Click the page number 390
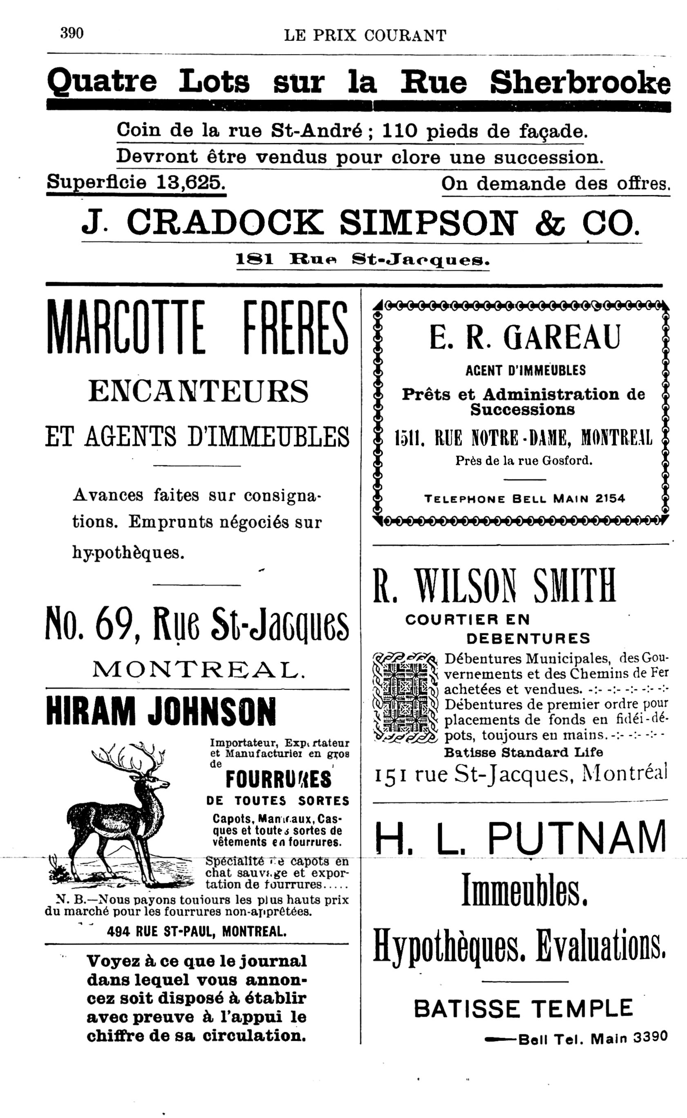pos(72,33)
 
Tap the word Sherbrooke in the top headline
pos(580,82)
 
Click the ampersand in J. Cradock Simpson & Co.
pos(550,223)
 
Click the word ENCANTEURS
pos(199,391)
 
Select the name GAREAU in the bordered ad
pos(561,337)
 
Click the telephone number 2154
pos(610,499)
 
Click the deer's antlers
pos(130,757)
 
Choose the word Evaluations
pos(601,945)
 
